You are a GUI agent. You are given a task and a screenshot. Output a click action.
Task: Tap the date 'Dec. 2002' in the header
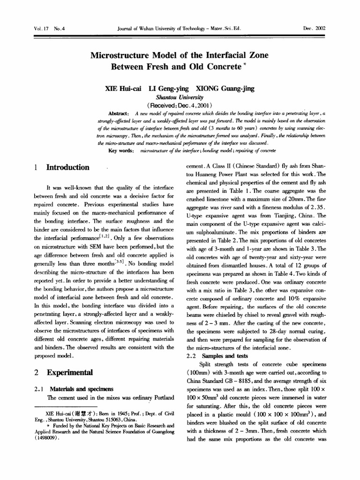click(x=314, y=28)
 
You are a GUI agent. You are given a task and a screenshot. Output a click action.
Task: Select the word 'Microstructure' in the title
click(x=119, y=55)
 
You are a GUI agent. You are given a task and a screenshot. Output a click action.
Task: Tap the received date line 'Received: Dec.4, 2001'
click(x=180, y=105)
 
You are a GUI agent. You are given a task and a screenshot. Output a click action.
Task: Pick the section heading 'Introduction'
click(x=67, y=167)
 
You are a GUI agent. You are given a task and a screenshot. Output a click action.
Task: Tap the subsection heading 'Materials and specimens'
click(x=82, y=389)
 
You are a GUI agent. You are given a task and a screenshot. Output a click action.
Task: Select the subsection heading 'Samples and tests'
click(x=225, y=356)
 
